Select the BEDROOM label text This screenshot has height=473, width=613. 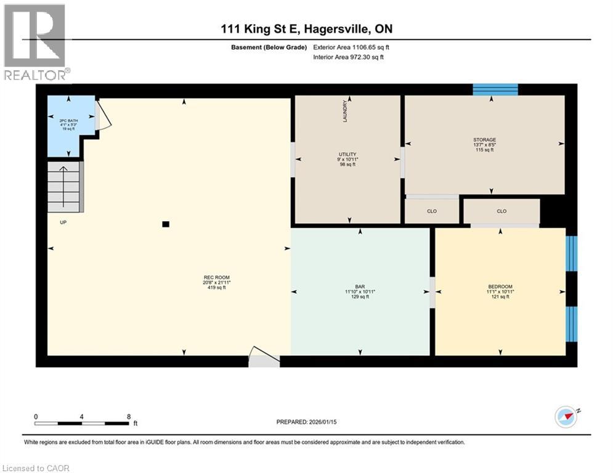pyautogui.click(x=500, y=286)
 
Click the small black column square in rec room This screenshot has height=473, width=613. pyautogui.click(x=165, y=224)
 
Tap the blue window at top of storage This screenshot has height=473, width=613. pyautogui.click(x=495, y=90)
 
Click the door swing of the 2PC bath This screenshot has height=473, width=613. pyautogui.click(x=104, y=116)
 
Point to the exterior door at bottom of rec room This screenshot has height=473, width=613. pyautogui.click(x=263, y=358)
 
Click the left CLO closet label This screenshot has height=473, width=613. pyautogui.click(x=432, y=211)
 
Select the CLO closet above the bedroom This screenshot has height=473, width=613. pyautogui.click(x=501, y=211)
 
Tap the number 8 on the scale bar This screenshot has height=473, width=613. pyautogui.click(x=128, y=416)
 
